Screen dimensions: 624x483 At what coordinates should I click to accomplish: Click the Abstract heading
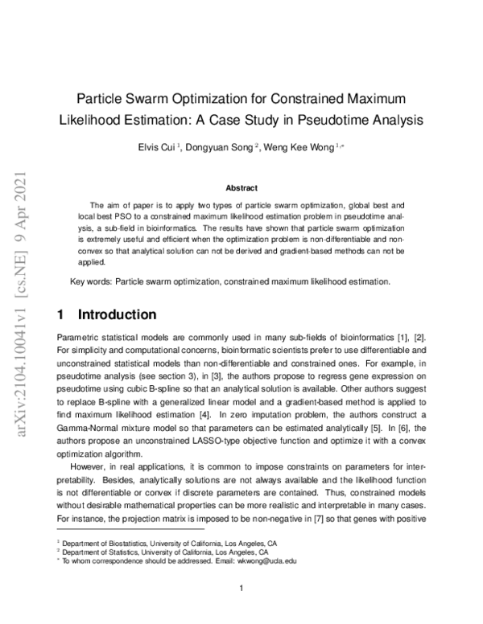click(x=242, y=188)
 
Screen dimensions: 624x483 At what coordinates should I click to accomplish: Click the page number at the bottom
click(x=242, y=589)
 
